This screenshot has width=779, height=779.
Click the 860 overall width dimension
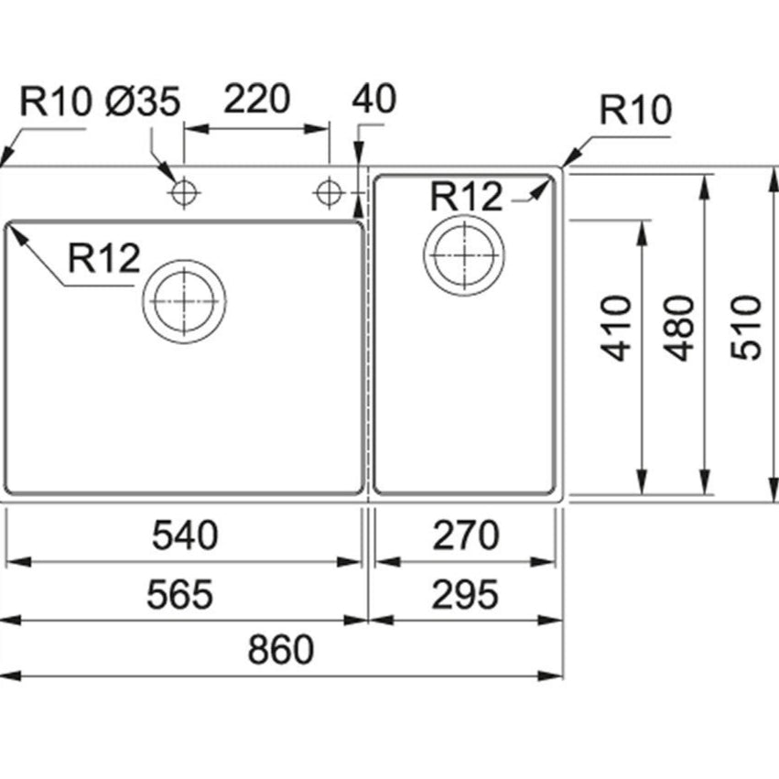point(281,650)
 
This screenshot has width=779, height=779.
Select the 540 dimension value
point(185,536)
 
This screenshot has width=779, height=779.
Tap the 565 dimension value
point(179,595)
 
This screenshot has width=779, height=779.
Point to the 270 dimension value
point(466,536)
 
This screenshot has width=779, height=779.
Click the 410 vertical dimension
point(620,327)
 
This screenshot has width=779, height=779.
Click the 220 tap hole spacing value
point(256,99)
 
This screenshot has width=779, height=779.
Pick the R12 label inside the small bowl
point(467,196)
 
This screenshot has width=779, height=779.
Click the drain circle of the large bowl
point(185,300)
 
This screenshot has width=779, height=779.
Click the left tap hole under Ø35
point(184,192)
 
